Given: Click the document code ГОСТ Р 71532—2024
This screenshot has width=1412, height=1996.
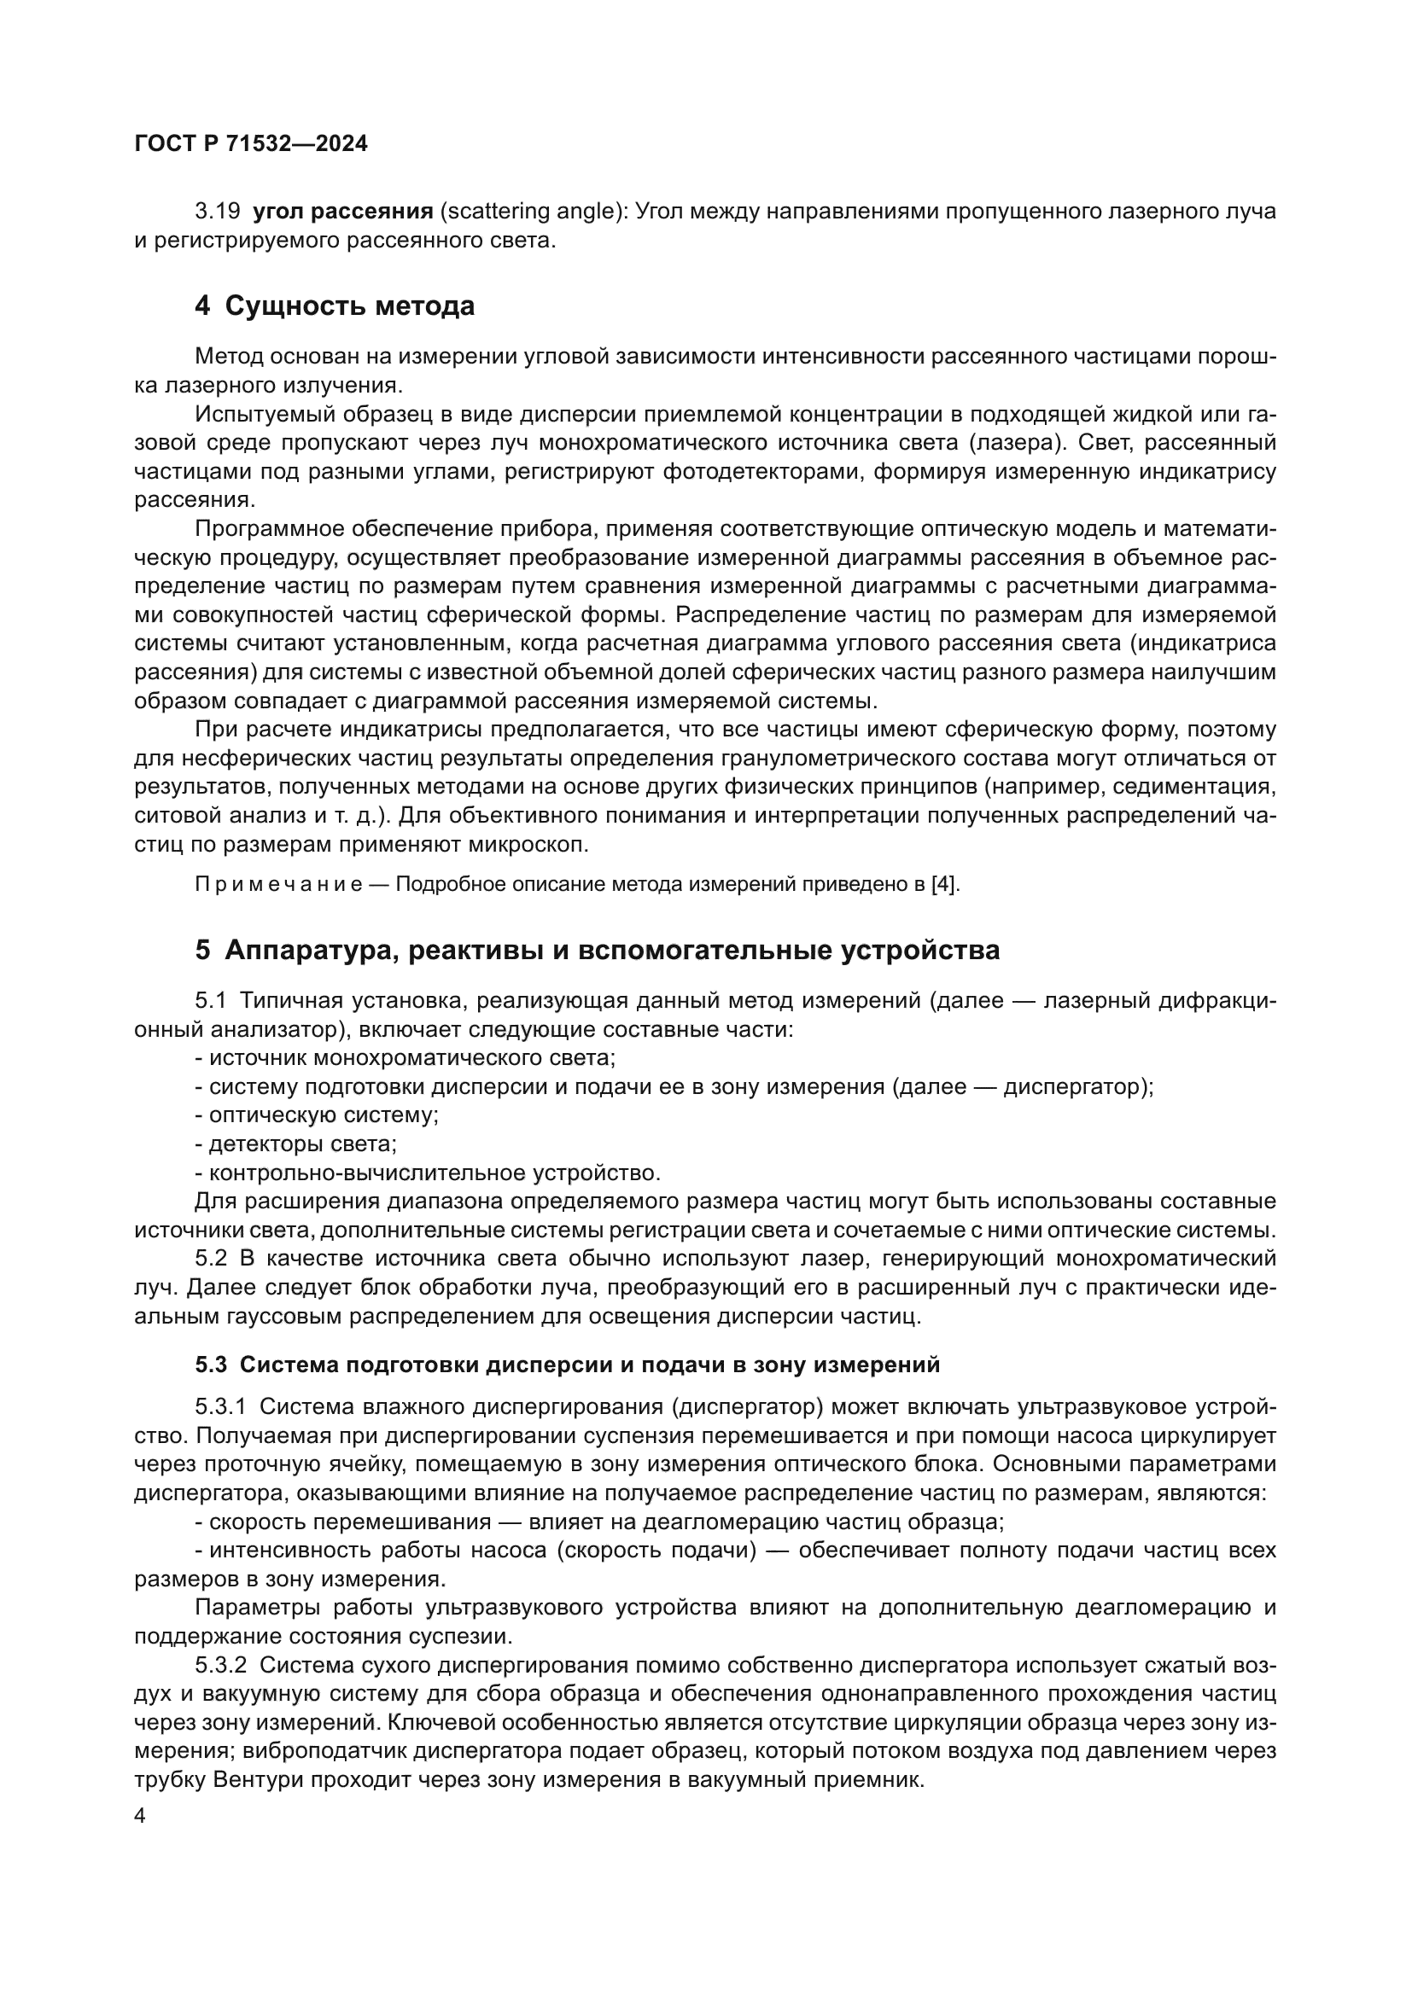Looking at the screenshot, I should (x=251, y=144).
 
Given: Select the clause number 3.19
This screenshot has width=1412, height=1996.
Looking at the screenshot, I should (x=218, y=212).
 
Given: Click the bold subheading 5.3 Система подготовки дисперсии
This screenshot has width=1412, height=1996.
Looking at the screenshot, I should (x=567, y=1365).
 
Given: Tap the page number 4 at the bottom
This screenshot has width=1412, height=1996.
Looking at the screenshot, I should (x=140, y=1817).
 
